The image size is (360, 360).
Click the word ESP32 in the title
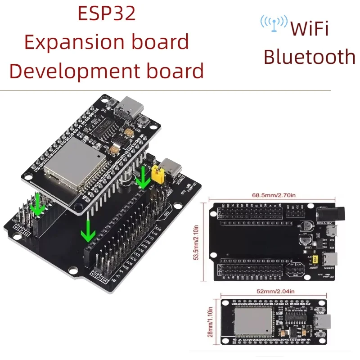(x=106, y=13)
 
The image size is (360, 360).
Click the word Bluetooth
(x=309, y=57)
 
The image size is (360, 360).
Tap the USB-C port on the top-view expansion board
(x=333, y=260)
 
